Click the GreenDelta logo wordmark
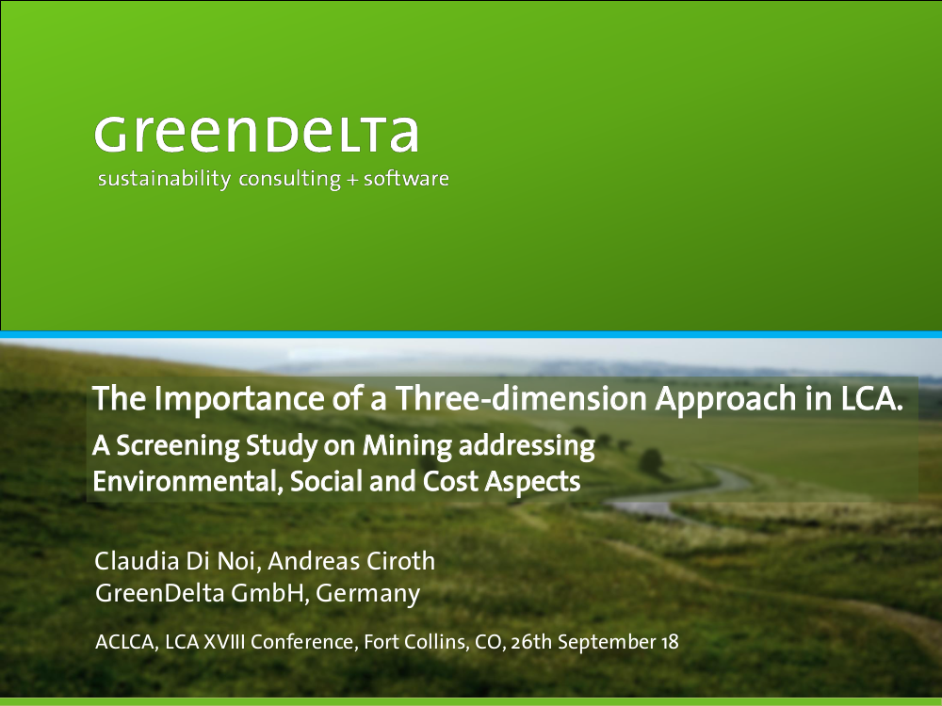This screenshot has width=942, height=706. point(256,135)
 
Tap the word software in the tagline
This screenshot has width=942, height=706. point(406,178)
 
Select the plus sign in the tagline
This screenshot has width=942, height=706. point(352,180)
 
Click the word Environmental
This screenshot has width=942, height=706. point(187,481)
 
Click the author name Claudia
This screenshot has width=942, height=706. point(137,561)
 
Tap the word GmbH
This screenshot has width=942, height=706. point(269,593)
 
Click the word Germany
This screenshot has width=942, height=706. point(367,594)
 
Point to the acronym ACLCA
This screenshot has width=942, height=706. point(126,642)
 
